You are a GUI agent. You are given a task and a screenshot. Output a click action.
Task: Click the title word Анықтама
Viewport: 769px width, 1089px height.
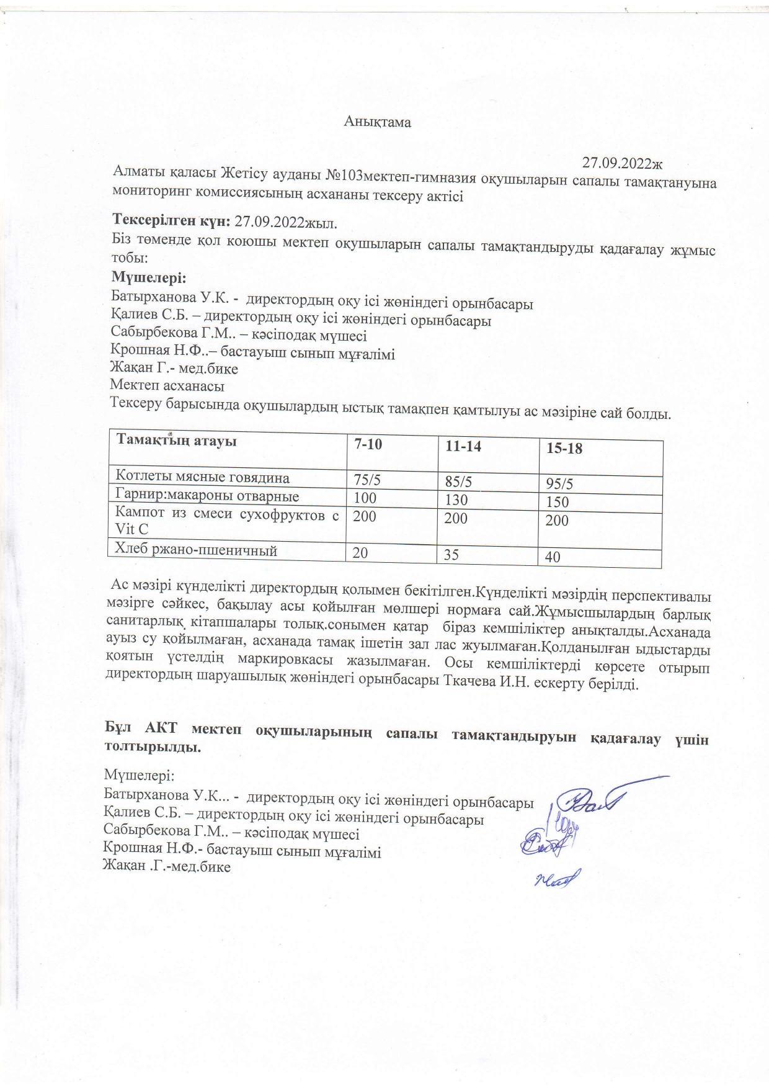[x=378, y=122]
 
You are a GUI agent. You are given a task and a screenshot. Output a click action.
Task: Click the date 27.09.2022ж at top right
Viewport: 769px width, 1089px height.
[x=622, y=164]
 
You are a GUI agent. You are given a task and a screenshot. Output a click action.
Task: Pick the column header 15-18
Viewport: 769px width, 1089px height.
[x=564, y=448]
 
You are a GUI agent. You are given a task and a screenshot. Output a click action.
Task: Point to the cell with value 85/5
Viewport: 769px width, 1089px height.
[x=460, y=481]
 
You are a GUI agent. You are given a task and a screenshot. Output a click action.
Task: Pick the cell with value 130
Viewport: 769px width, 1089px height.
[x=456, y=500]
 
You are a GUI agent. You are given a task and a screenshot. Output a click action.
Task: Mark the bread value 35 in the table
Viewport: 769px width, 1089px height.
[x=451, y=555]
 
